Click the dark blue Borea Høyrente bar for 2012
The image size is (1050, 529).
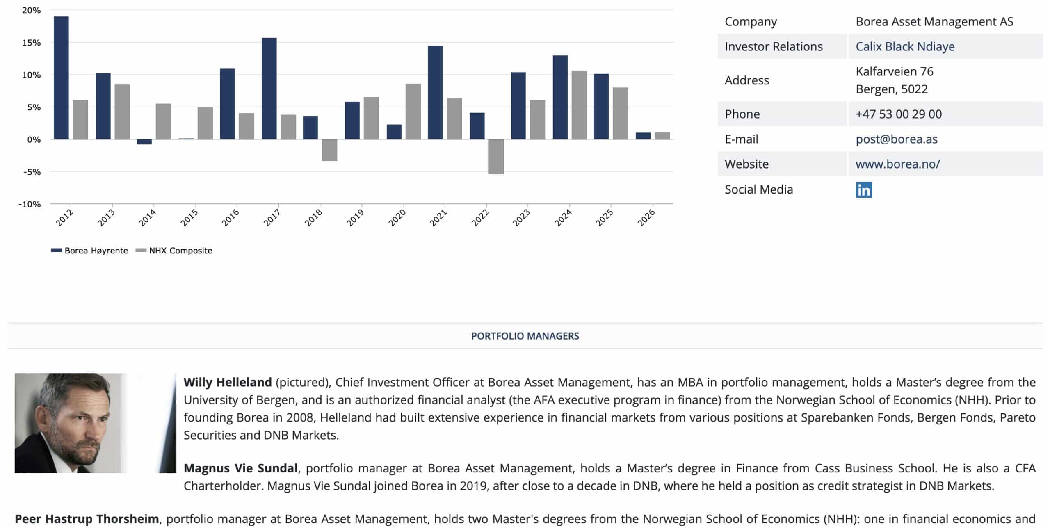click(61, 78)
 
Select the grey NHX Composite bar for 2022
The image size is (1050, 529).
click(496, 156)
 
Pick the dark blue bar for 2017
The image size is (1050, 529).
click(269, 89)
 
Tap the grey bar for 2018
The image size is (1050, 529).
click(329, 150)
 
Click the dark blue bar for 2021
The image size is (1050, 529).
click(435, 93)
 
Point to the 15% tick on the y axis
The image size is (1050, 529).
click(32, 43)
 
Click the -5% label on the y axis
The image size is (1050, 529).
click(32, 172)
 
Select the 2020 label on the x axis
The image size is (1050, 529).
click(397, 218)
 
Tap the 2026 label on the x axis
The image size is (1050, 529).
click(646, 218)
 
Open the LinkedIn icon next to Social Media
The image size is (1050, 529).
click(863, 190)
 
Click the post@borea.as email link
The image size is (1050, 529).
click(896, 139)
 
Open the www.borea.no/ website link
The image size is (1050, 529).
click(897, 164)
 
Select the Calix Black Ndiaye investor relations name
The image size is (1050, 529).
click(905, 47)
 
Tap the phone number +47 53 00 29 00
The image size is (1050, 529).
click(898, 114)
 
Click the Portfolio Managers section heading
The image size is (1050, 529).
click(525, 336)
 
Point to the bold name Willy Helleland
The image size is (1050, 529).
click(227, 382)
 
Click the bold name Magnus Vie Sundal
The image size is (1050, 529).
click(240, 468)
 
